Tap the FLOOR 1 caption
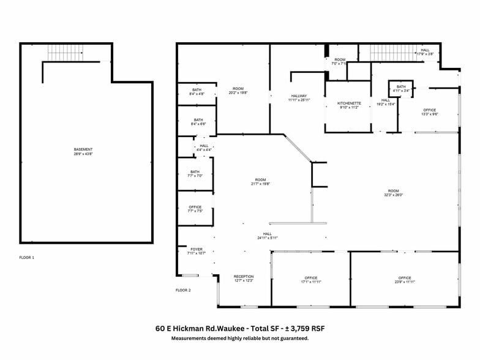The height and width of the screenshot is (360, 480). (x=27, y=258)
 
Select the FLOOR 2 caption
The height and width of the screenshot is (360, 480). (x=184, y=290)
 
